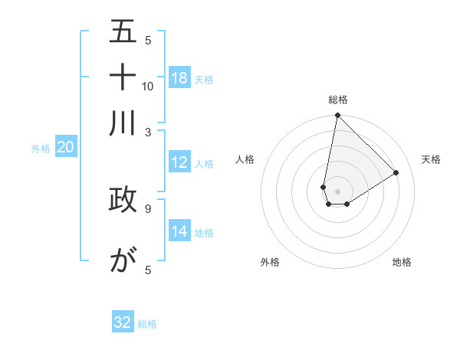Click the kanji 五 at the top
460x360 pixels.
[x=123, y=31]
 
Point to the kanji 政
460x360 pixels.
[x=123, y=199]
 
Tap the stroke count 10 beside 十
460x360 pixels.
[x=148, y=86]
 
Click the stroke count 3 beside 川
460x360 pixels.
[x=148, y=131]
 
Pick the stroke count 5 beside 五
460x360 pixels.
[x=148, y=41]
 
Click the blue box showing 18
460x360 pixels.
[x=179, y=78]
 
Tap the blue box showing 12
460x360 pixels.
[x=179, y=162]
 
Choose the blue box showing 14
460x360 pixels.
[x=179, y=231]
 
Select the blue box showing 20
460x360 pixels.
[x=65, y=148]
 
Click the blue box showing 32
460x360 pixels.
[x=123, y=322]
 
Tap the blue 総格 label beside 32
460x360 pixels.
[x=147, y=324]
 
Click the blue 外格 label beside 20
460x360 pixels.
[x=41, y=149]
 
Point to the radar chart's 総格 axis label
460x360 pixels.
[x=337, y=100]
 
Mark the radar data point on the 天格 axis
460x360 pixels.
[x=396, y=173]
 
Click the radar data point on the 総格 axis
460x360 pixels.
[x=337, y=116]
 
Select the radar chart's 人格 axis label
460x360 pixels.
[x=245, y=159]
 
